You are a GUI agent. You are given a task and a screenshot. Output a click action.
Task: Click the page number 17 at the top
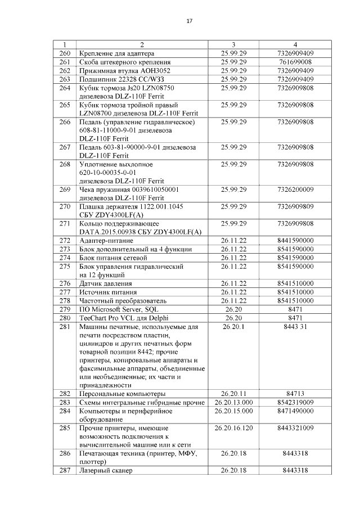189,21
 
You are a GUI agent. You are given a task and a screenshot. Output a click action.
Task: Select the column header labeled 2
142,44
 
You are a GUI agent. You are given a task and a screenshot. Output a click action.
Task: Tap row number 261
64,62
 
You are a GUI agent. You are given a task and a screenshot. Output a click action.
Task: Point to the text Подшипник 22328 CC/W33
116,79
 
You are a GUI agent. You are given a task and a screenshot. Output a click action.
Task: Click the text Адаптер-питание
105,240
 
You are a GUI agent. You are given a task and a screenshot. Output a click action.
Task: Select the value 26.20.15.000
234,411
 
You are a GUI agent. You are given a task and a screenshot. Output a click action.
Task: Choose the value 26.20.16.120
234,429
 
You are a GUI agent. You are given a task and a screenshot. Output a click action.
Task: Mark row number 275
64,266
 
